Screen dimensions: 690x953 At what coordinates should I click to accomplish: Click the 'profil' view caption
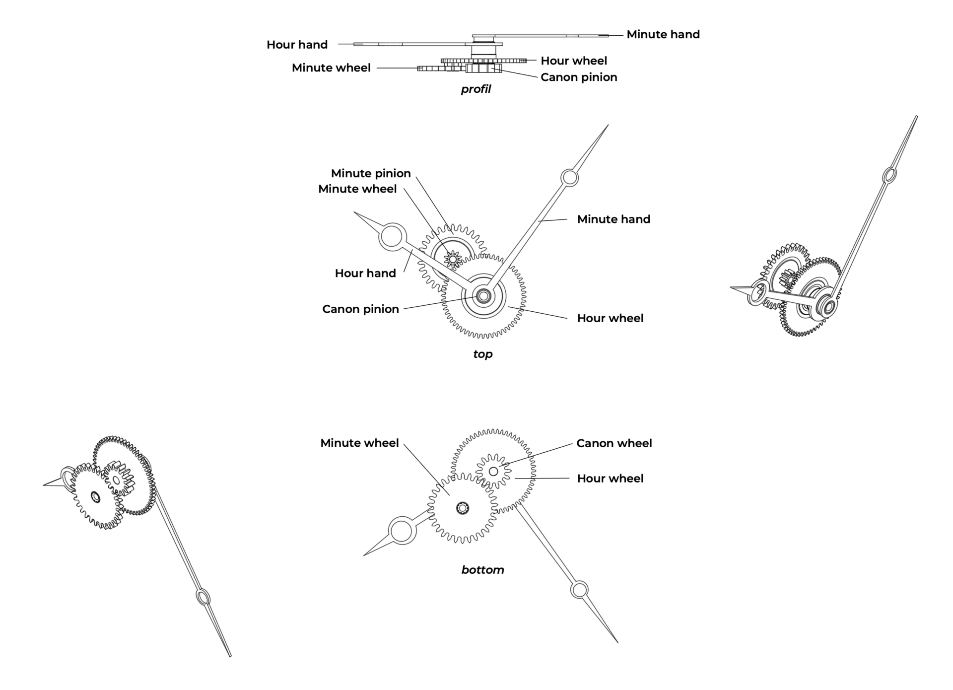476,89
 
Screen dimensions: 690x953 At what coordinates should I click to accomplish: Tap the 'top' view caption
482,354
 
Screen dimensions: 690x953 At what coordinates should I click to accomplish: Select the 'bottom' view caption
482,570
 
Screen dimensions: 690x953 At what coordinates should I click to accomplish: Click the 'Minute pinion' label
371,173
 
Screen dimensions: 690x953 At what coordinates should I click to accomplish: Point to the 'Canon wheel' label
614,443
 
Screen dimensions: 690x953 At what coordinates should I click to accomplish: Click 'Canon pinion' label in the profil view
579,77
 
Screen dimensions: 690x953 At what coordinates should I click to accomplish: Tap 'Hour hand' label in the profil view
297,45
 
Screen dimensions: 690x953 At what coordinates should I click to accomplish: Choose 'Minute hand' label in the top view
613,219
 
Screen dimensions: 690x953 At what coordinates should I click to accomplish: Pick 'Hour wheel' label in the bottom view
610,479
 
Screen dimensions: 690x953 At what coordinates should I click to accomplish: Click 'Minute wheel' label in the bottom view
359,443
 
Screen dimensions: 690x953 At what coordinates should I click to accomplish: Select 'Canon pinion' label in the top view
360,309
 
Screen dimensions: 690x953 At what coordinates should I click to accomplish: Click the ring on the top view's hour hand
392,236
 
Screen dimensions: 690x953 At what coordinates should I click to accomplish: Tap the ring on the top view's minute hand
569,177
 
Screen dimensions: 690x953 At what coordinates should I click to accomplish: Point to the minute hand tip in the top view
608,126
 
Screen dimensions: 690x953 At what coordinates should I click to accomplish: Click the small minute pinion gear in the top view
453,258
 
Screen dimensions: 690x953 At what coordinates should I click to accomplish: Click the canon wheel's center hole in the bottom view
493,471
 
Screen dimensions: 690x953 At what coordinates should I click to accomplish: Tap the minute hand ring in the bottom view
579,590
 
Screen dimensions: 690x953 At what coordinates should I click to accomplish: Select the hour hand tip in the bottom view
365,555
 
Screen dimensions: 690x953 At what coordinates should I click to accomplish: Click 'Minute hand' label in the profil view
663,35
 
